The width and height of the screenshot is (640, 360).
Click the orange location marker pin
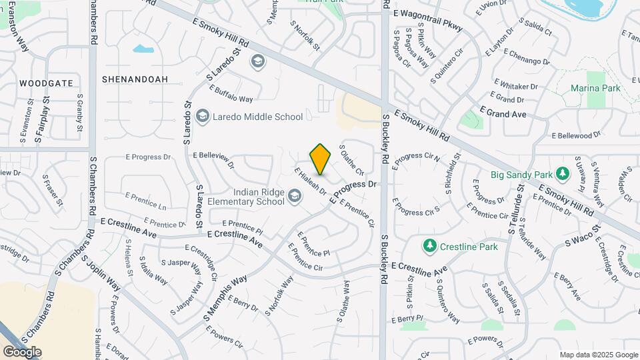pyautogui.click(x=320, y=159)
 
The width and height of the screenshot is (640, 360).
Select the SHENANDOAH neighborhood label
pyautogui.click(x=135, y=79)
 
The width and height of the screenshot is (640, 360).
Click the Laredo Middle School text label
pyautogui.click(x=257, y=117)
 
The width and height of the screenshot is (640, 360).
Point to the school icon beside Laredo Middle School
pyautogui.click(x=203, y=117)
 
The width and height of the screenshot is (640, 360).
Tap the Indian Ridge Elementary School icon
pyautogui.click(x=294, y=195)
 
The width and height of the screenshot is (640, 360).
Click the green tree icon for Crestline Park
pyautogui.click(x=430, y=247)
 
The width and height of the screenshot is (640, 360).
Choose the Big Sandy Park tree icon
pyautogui.click(x=563, y=175)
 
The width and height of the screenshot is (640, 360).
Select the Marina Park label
pyautogui.click(x=595, y=88)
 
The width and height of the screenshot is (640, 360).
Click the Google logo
pyautogui.click(x=22, y=351)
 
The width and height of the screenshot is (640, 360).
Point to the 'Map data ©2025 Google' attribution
pyautogui.click(x=599, y=355)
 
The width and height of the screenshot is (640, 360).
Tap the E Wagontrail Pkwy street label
pyautogui.click(x=427, y=13)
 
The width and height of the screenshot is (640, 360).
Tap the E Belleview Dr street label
pyautogui.click(x=213, y=158)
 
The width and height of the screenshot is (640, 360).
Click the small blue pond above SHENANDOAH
pyautogui.click(x=143, y=49)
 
